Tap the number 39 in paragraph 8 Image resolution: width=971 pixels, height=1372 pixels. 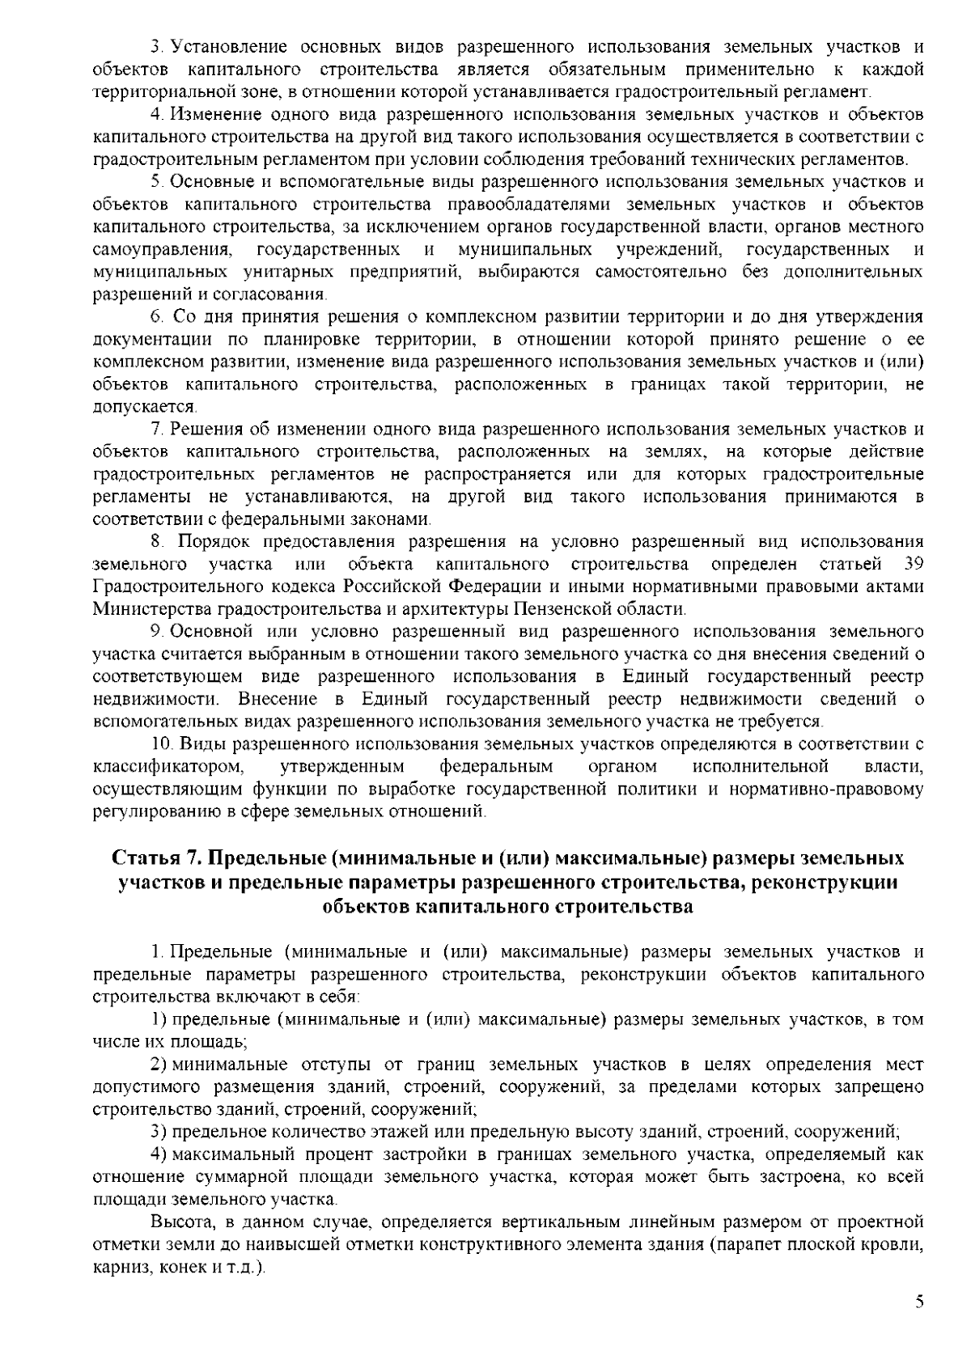[x=912, y=563]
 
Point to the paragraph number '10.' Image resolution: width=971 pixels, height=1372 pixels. [x=162, y=743]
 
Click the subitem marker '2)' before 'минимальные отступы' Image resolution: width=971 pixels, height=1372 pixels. [x=159, y=1065]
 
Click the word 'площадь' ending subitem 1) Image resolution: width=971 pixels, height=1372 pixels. [x=210, y=1043]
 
